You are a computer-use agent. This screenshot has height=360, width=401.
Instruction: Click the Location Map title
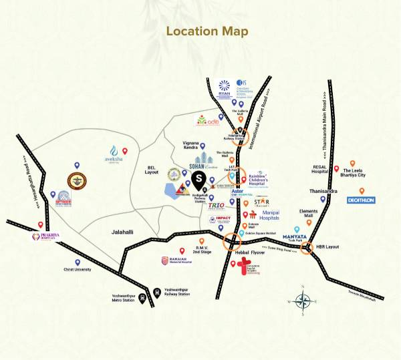(207, 31)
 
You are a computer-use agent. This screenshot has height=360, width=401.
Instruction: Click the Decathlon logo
(360, 199)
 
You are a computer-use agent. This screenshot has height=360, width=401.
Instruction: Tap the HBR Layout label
(327, 247)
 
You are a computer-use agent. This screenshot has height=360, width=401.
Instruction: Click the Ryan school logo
(225, 88)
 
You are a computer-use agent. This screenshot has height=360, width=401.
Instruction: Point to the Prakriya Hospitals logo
(43, 236)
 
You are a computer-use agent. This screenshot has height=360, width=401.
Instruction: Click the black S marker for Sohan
(198, 178)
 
